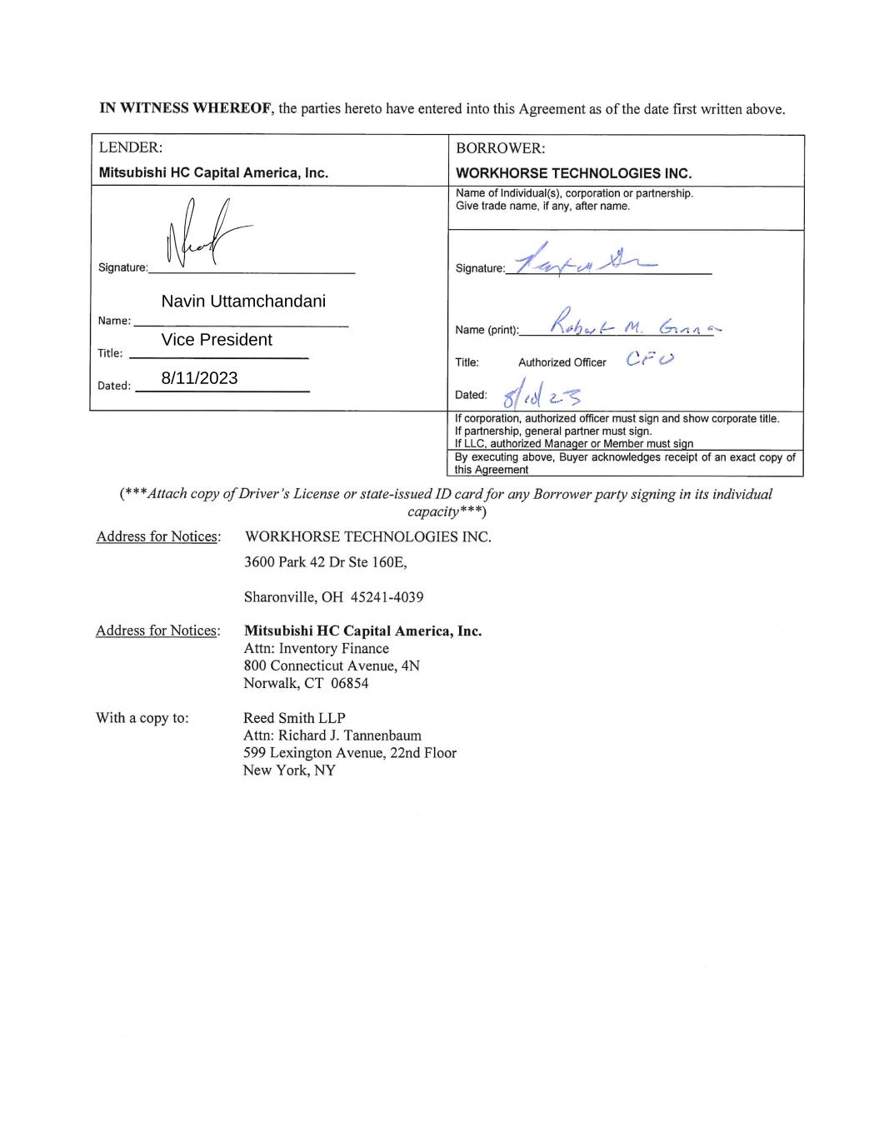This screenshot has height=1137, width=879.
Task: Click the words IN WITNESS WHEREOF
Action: pos(187,109)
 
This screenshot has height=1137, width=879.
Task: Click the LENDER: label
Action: pos(130,147)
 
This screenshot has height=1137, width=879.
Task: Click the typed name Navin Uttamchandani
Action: pos(243,302)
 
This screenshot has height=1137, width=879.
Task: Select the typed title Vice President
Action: pos(217,340)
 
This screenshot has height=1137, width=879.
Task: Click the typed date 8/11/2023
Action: pos(199,378)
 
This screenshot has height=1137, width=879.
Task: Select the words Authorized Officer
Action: pos(562,362)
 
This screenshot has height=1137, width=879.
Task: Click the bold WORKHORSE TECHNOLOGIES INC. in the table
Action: pos(574,173)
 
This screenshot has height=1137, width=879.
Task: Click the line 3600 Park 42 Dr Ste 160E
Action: pos(325,562)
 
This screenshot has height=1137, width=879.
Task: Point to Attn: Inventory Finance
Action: pos(316,648)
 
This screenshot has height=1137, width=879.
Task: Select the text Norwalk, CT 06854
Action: pos(306,683)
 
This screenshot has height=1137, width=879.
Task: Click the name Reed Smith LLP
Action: pos(294,718)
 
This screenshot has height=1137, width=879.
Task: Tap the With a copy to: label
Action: pos(142,718)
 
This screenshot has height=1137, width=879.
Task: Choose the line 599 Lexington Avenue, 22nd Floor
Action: pos(349,753)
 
